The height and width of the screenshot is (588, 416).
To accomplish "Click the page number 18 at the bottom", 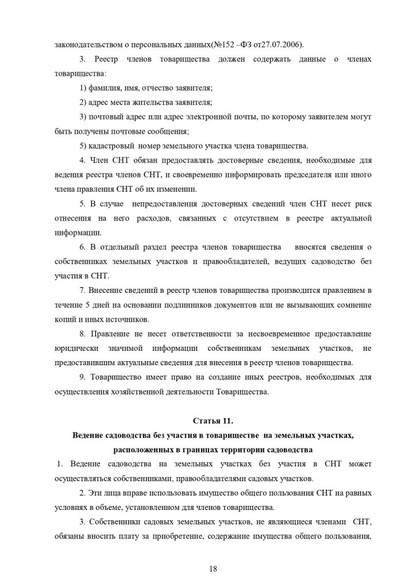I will [x=213, y=568].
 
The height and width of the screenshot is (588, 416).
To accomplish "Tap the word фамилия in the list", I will [x=105, y=87].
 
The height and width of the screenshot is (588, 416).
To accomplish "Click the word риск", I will [x=360, y=203].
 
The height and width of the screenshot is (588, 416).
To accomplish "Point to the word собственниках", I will [x=82, y=261].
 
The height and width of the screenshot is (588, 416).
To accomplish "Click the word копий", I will [x=64, y=318].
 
